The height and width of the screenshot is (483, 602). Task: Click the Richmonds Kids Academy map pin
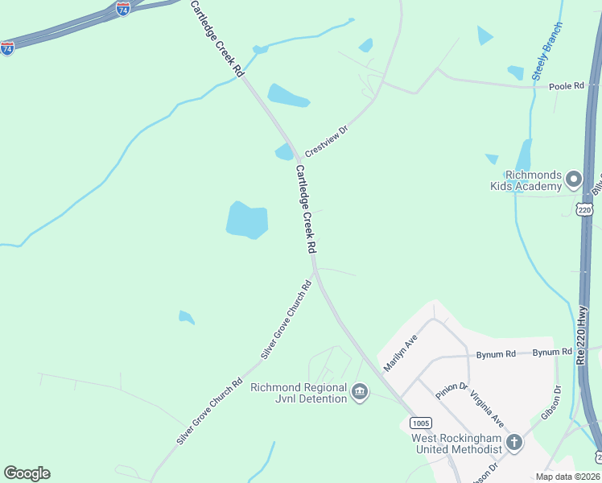pyautogui.click(x=573, y=180)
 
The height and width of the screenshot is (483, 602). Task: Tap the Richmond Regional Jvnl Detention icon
pyautogui.click(x=359, y=393)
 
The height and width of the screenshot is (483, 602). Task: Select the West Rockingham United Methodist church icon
pyautogui.click(x=513, y=443)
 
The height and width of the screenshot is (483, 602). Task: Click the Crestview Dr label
pyautogui.click(x=326, y=141)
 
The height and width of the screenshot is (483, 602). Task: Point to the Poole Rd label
pyautogui.click(x=565, y=85)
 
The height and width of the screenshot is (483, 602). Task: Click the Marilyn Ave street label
pyautogui.click(x=401, y=353)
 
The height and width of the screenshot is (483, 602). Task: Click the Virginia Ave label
pyautogui.click(x=487, y=409)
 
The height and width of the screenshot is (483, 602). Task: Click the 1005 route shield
pyautogui.click(x=419, y=423)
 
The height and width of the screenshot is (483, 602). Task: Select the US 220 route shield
pyautogui.click(x=585, y=209)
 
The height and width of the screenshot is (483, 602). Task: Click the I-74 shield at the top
pyautogui.click(x=122, y=9)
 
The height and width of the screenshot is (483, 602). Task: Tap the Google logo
pyautogui.click(x=27, y=473)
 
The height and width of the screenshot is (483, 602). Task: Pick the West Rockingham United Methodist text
pyautogui.click(x=457, y=444)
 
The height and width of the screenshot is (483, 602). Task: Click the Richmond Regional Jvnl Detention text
pyautogui.click(x=298, y=393)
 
